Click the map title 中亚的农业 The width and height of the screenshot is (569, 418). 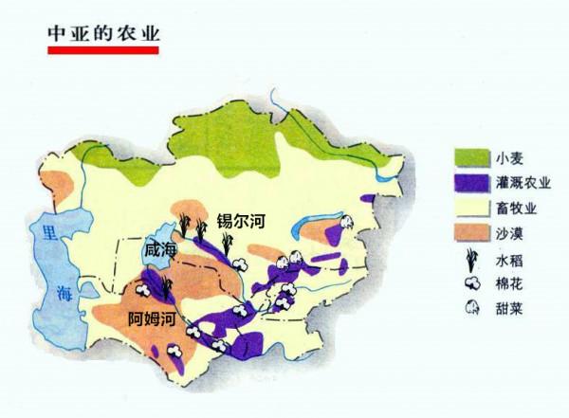104,31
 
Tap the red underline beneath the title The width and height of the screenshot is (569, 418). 104,49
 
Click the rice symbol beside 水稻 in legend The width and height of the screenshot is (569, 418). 470,259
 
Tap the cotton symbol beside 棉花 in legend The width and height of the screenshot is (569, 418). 470,282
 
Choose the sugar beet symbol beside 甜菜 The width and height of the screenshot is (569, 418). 470,307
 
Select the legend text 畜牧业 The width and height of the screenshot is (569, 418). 515,206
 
